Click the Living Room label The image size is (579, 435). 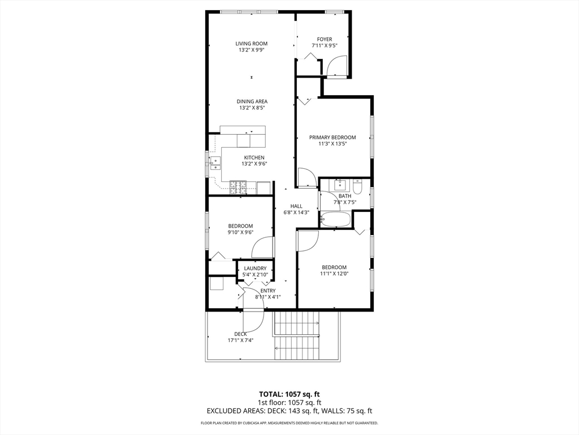(x=252, y=44)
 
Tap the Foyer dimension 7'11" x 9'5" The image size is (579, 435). (x=324, y=46)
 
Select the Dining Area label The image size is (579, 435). (x=252, y=101)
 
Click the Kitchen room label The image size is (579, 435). (x=254, y=157)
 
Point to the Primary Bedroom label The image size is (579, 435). (x=332, y=138)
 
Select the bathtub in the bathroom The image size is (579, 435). (x=336, y=219)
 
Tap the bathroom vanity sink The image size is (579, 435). (x=340, y=185)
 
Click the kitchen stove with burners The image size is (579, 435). (x=238, y=186)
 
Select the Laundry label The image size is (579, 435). (x=255, y=268)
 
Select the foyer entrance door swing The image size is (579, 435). (x=336, y=68)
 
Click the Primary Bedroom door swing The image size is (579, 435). (x=307, y=178)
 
